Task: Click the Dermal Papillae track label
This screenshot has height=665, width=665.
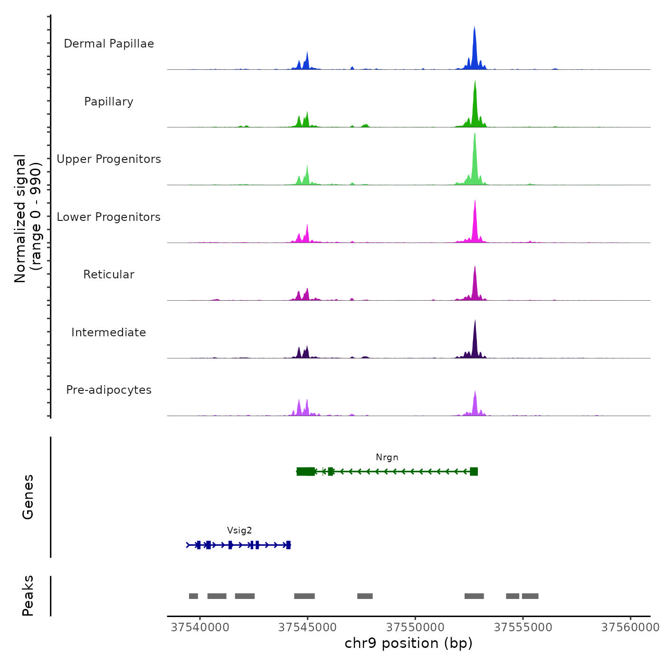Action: point(109,44)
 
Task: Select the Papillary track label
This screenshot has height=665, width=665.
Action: point(109,102)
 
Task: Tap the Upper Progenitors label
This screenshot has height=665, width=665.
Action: point(109,159)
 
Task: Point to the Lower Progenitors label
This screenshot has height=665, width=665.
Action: point(109,217)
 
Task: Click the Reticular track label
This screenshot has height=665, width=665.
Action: point(109,275)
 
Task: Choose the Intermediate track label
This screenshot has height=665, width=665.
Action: point(109,332)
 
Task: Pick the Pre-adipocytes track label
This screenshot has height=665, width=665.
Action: point(109,390)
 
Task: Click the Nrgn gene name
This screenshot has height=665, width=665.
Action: point(387,457)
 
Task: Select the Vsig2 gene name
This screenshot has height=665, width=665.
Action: point(239,531)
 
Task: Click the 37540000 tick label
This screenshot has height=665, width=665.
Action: point(200,627)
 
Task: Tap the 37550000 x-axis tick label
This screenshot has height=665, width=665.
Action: point(416,627)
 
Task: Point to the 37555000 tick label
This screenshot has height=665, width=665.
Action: point(523,627)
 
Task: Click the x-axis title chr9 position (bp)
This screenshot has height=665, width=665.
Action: point(408,643)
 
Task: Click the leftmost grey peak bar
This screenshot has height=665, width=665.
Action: point(193,596)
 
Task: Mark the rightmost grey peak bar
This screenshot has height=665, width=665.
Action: point(530,596)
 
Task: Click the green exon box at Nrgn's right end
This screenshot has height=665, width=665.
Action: point(474,472)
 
